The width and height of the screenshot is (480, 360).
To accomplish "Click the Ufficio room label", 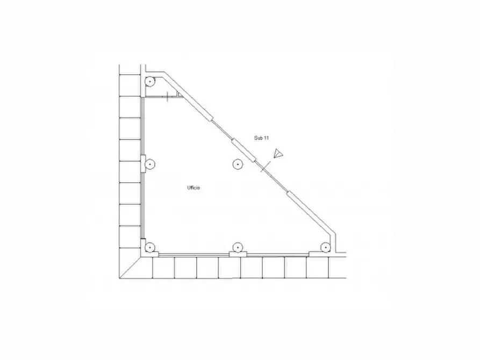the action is coord(194,188).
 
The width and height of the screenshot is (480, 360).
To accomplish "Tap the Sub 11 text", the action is coord(261,138).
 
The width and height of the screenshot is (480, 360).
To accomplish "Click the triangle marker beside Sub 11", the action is coord(278,153).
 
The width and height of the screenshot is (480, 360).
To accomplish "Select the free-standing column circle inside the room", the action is coord(238,164).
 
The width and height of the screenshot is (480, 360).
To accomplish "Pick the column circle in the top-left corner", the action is coord(149,82).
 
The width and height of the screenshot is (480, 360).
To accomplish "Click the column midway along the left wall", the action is coord(149,164).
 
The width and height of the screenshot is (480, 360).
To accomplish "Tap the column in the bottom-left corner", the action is coord(149,247).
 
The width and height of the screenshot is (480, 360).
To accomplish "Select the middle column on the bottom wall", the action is coord(238,247).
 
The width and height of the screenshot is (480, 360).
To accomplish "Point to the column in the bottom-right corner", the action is coord(325,247).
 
